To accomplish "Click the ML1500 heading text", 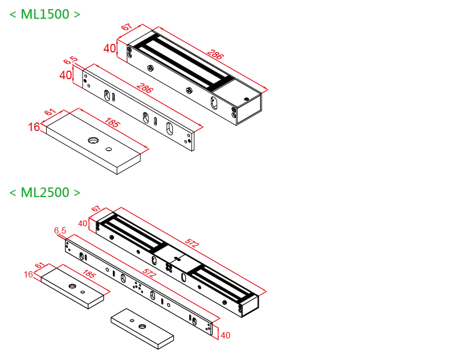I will tap(45, 15).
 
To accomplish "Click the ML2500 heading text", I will tap(45, 193).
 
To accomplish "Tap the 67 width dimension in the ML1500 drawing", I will tap(126, 28).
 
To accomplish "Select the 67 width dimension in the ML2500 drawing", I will tap(95, 209).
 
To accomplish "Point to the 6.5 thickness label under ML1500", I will tap(70, 60).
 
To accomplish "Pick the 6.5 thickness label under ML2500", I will tap(60, 231).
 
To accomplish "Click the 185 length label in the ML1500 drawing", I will tap(113, 123).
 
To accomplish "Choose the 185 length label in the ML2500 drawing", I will tap(88, 275).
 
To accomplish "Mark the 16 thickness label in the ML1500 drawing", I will tap(34, 127).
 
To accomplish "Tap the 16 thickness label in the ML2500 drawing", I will tap(28, 275).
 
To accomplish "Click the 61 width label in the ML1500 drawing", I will tap(50, 113).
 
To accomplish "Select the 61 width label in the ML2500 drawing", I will tap(39, 265).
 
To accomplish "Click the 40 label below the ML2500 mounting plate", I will tap(225, 336).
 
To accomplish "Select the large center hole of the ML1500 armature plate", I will tap(93, 140).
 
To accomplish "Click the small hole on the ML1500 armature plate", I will tap(108, 149).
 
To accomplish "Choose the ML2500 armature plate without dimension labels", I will tap(142, 329).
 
